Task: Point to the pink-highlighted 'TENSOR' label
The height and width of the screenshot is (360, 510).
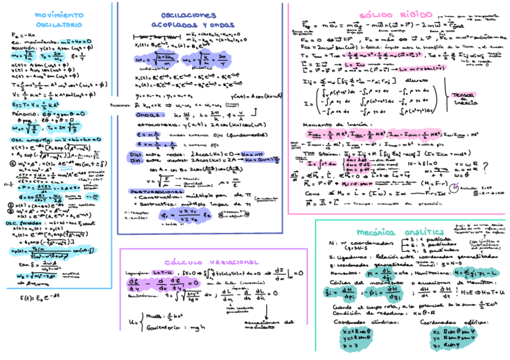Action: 463,96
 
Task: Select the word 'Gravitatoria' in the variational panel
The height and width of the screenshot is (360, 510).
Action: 163,328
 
